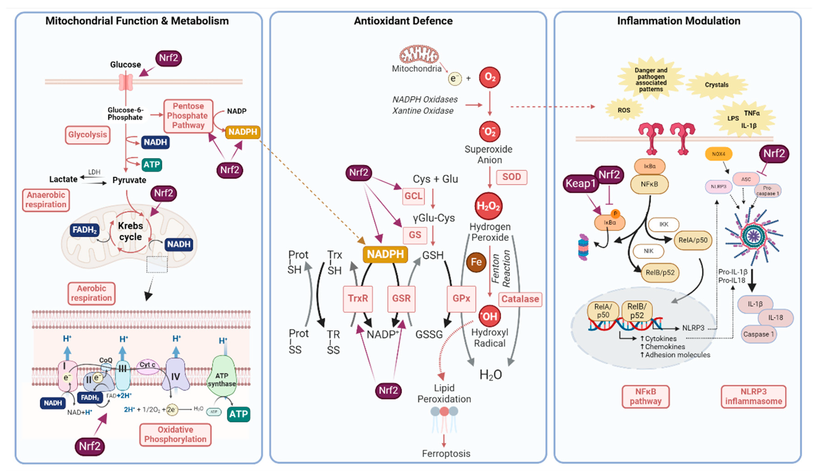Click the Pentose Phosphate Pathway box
(x=188, y=116)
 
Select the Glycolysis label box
(x=87, y=135)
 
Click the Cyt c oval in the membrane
(x=147, y=365)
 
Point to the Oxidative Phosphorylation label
(x=175, y=434)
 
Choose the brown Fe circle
(x=476, y=262)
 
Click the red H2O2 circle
(x=488, y=206)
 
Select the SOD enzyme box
(x=511, y=177)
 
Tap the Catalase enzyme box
(x=520, y=299)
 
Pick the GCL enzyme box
(x=413, y=196)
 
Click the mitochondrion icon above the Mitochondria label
(x=419, y=54)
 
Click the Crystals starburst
(x=717, y=85)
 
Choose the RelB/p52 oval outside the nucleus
(x=660, y=273)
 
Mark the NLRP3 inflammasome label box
(x=753, y=397)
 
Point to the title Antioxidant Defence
(x=403, y=21)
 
